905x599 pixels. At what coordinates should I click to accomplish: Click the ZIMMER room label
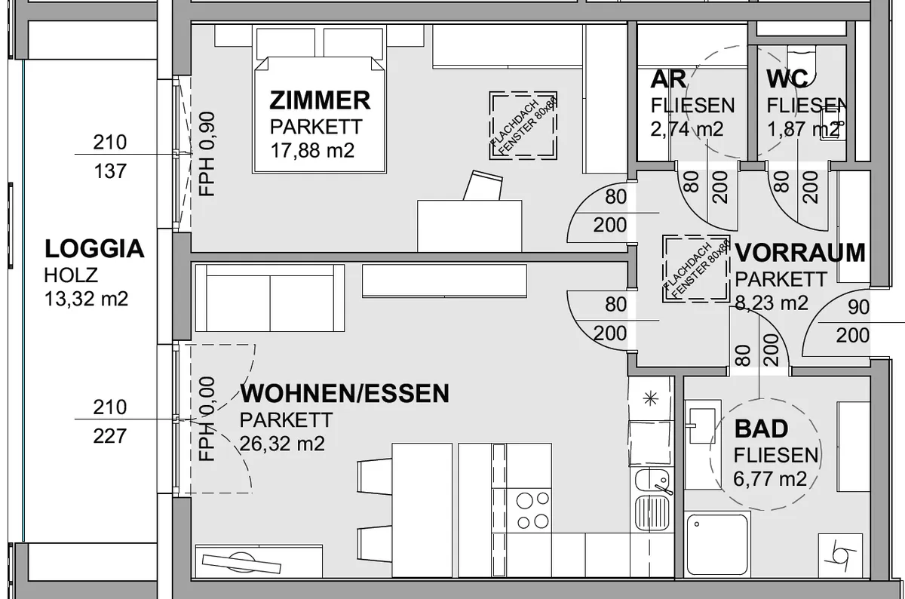click(320, 100)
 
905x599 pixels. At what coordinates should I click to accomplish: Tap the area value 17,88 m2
click(312, 150)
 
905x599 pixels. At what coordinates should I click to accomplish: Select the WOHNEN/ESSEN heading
click(345, 393)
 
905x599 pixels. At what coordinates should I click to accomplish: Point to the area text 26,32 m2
click(282, 444)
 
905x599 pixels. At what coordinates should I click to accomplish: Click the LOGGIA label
click(94, 249)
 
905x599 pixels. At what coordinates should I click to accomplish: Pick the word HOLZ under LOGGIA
click(71, 275)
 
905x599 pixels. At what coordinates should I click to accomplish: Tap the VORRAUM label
click(800, 253)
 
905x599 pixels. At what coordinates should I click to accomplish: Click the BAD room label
click(761, 429)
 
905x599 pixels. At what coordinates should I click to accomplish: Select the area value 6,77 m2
click(770, 479)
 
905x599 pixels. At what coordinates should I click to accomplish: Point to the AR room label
click(668, 79)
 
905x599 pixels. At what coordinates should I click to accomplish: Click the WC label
click(787, 79)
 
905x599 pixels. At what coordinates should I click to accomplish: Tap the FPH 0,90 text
click(207, 154)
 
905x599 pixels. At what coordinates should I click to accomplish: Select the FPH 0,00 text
click(207, 419)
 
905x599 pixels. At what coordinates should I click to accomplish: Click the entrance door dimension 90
click(858, 307)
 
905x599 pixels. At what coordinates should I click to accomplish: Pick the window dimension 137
click(110, 171)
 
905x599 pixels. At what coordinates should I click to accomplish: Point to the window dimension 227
click(110, 436)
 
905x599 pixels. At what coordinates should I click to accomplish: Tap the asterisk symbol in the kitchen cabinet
click(650, 399)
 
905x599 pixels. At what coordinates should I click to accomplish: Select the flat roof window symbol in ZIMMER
click(523, 125)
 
